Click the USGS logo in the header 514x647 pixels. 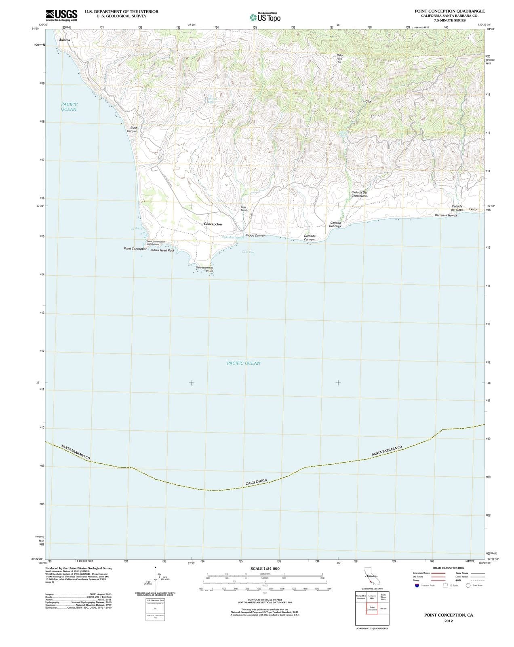(x=61, y=15)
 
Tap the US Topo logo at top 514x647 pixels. (x=265, y=17)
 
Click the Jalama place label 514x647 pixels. (x=65, y=40)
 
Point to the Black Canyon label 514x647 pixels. (x=133, y=129)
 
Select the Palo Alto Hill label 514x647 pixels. (x=339, y=59)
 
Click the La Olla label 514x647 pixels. (x=366, y=101)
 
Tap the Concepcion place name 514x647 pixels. (x=213, y=224)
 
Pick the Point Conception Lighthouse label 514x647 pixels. (x=156, y=243)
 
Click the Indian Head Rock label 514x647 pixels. (x=162, y=250)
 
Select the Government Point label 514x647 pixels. (x=204, y=269)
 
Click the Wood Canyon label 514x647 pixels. (x=255, y=235)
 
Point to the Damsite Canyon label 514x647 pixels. (x=310, y=238)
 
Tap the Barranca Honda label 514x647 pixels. (x=446, y=215)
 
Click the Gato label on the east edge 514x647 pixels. (x=473, y=209)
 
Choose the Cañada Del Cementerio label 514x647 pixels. (x=359, y=194)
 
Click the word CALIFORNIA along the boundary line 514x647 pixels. (x=256, y=482)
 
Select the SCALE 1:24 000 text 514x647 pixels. (x=265, y=569)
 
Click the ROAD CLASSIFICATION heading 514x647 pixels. (x=448, y=568)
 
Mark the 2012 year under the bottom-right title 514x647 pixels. (x=448, y=621)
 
